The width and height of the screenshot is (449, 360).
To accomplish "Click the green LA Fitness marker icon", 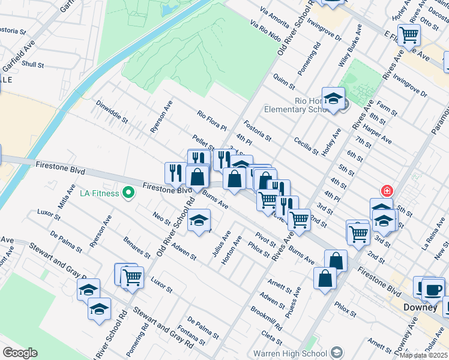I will [x=127, y=193].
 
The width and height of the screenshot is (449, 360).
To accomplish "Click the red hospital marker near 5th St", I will [x=387, y=191].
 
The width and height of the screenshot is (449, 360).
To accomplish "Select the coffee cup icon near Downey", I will [x=433, y=289].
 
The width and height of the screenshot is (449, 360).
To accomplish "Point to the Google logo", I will [x=20, y=352].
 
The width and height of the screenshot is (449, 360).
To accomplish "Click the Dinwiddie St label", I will [x=113, y=111].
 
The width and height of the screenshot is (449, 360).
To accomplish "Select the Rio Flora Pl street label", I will [x=211, y=120].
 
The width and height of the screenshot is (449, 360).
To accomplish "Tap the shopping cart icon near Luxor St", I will [x=131, y=277].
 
